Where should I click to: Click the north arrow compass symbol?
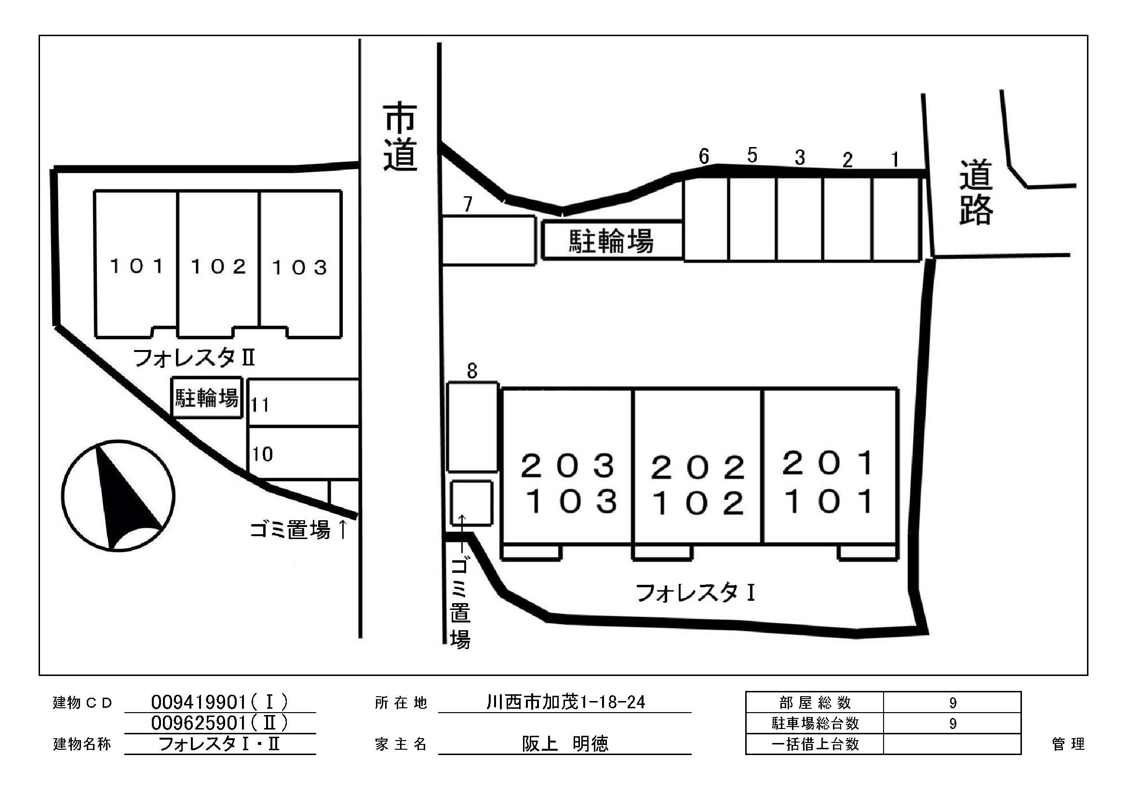click(x=118, y=495)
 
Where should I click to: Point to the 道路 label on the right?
click(x=976, y=192)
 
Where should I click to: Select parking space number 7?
click(x=488, y=240)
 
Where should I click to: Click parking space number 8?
click(x=472, y=426)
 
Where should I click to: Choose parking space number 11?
click(x=303, y=402)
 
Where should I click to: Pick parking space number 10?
click(x=303, y=453)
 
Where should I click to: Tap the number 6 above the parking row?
click(x=704, y=157)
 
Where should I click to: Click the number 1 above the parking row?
click(x=895, y=160)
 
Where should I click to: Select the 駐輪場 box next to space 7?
click(x=612, y=241)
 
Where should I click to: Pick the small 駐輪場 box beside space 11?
click(x=207, y=398)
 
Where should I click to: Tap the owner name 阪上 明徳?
click(x=565, y=744)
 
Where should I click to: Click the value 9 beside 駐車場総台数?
click(x=952, y=723)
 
